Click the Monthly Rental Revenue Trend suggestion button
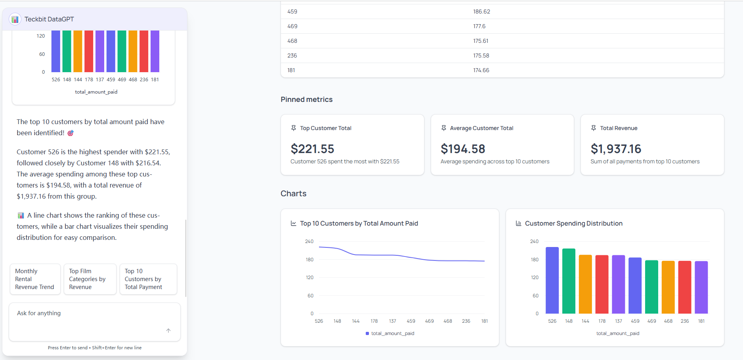(35, 279)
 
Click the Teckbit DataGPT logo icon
(15, 19)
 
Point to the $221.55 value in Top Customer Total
(312, 149)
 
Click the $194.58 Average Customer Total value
(463, 149)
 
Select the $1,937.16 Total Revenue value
(616, 149)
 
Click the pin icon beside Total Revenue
(594, 128)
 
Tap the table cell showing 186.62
(481, 11)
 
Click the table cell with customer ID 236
(292, 56)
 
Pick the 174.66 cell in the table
(481, 70)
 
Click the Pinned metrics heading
(306, 100)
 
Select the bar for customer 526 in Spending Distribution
(552, 280)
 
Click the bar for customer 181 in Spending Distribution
(701, 287)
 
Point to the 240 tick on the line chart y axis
(309, 241)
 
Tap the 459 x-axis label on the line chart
(411, 321)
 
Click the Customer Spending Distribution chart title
(573, 224)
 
